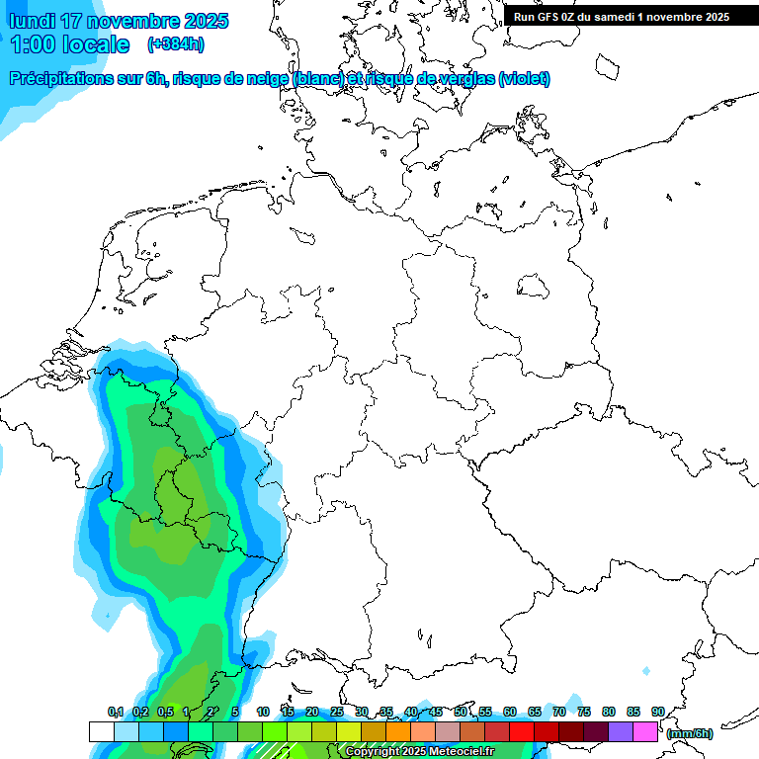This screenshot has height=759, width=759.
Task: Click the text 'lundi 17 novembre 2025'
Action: [119, 21]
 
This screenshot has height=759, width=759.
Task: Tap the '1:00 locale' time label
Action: [69, 44]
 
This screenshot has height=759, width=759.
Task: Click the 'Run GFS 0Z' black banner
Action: [622, 16]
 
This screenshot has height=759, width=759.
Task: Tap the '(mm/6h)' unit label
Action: [690, 733]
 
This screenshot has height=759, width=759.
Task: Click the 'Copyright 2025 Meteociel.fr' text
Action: [419, 751]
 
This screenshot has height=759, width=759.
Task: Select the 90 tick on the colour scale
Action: [658, 712]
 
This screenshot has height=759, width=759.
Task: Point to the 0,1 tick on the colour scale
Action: [116, 712]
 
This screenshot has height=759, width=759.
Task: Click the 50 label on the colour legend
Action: [461, 712]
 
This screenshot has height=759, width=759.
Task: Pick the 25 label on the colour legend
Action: [337, 712]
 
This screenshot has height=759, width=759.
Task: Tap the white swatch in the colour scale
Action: [102, 731]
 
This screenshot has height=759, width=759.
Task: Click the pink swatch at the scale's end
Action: [645, 731]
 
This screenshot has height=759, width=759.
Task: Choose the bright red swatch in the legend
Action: [522, 731]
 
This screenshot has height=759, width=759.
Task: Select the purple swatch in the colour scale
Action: [621, 731]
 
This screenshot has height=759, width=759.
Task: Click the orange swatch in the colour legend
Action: [398, 731]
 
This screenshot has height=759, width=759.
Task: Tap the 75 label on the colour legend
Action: [584, 712]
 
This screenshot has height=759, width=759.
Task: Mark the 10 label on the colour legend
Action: [263, 712]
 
